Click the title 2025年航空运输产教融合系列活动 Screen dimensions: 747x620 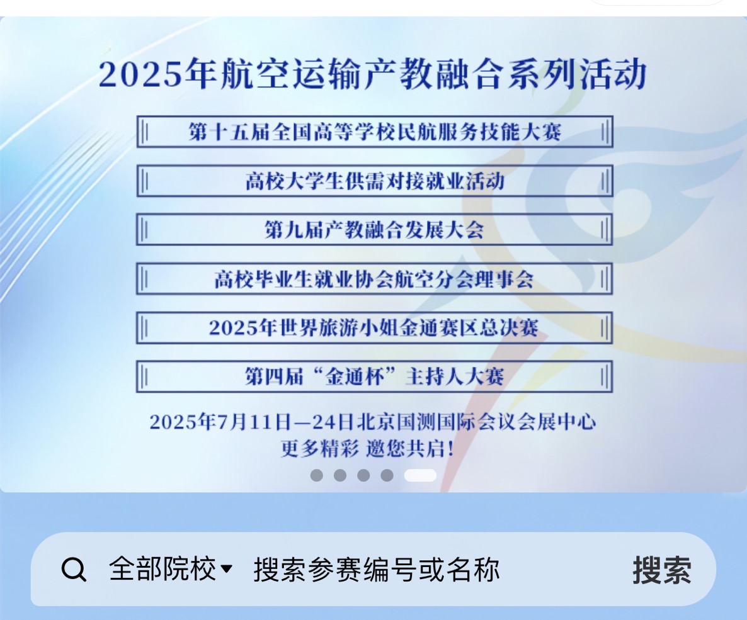[x=372, y=74]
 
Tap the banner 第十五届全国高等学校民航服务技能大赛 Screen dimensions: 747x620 [x=375, y=132]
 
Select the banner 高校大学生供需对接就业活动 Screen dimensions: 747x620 [x=375, y=181]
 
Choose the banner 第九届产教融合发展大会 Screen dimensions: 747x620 [x=375, y=230]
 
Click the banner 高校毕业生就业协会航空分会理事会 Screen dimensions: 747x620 [x=375, y=279]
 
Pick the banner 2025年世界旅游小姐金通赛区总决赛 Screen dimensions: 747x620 [x=375, y=328]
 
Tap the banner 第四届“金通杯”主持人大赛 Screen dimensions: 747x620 [x=375, y=376]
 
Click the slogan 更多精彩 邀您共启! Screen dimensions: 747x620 [x=367, y=449]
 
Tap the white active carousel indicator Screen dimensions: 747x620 [x=420, y=475]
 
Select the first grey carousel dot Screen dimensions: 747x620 [x=316, y=475]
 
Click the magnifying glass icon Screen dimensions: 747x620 [x=74, y=569]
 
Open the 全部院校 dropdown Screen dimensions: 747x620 [x=170, y=568]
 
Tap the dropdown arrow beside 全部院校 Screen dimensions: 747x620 [x=227, y=568]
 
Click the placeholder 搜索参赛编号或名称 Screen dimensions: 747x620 [x=377, y=569]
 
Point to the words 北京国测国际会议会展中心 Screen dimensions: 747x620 [x=476, y=422]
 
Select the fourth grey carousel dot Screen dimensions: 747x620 [x=387, y=475]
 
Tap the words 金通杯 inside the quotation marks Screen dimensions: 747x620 [x=355, y=376]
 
